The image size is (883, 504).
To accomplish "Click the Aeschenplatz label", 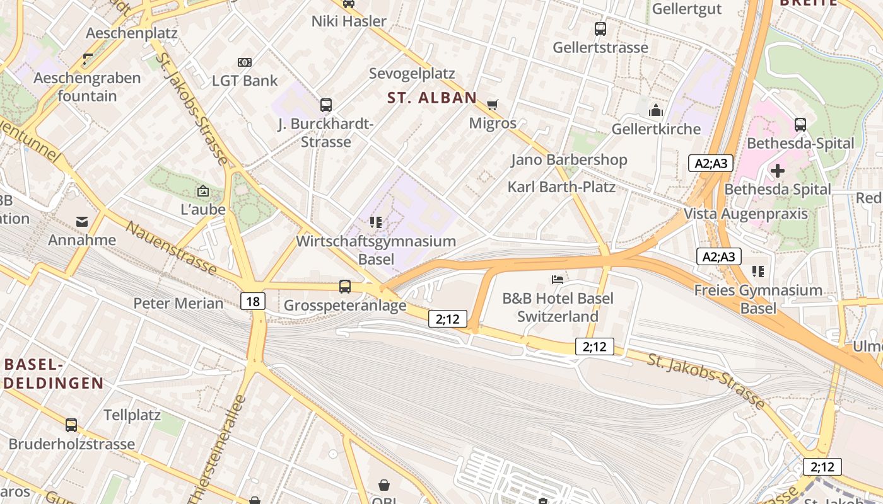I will [x=132, y=33].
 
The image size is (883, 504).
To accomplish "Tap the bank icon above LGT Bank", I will [x=245, y=62].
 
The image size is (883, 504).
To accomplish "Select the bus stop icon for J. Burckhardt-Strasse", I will [x=325, y=105].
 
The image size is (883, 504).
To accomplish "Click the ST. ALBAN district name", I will [x=432, y=98].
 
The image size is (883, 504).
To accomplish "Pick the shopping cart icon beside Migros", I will [x=493, y=105].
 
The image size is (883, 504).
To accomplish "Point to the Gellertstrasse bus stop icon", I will [x=600, y=29].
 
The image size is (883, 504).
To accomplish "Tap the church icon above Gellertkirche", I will [x=656, y=110].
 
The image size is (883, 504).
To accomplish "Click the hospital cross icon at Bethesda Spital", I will [x=778, y=170].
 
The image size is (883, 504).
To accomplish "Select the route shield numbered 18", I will [x=253, y=301].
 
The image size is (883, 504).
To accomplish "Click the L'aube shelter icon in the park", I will [x=203, y=191].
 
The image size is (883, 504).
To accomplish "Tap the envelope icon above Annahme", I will [x=82, y=221].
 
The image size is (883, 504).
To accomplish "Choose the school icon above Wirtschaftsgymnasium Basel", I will [x=376, y=222].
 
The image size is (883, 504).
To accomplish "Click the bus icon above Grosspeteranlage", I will [x=344, y=287].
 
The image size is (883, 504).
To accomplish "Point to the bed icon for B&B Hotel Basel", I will [x=558, y=279].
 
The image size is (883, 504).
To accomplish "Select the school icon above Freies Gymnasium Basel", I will [x=757, y=272].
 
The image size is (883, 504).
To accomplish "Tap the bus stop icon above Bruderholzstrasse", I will [x=71, y=425].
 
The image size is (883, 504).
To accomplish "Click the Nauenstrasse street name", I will [x=170, y=248].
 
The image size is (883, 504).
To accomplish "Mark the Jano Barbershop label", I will [x=569, y=160].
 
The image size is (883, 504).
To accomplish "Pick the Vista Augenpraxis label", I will [x=746, y=214].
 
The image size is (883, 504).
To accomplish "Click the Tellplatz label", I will [x=132, y=415].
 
